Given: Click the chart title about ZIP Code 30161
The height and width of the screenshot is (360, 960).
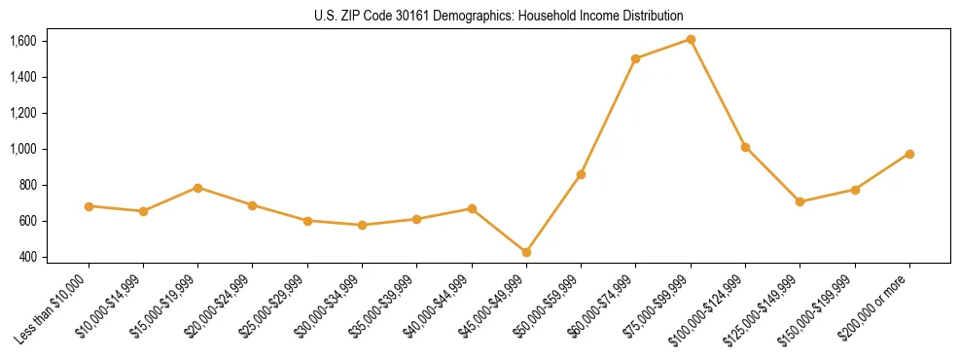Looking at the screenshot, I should coord(499,16).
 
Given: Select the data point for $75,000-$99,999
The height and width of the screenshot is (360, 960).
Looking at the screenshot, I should coord(691,39).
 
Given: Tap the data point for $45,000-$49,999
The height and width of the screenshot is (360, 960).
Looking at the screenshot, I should coord(526,252).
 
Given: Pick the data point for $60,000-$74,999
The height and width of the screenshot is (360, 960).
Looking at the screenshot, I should coord(635,58).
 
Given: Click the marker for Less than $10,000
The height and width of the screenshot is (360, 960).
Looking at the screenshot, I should coord(89,206).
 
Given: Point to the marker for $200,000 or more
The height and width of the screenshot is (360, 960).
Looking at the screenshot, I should coord(909,154).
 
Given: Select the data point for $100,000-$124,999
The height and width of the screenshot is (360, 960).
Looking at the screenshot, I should coord(745,147).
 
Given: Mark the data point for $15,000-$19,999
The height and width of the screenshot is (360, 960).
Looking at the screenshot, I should coord(197,188).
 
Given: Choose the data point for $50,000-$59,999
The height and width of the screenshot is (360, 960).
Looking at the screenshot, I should coord(581,174).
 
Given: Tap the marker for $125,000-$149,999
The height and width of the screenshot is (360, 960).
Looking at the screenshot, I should coord(800,201).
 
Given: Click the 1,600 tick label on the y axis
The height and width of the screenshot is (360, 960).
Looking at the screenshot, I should coord(22,41).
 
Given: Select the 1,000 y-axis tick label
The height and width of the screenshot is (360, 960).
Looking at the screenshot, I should coord(22,149).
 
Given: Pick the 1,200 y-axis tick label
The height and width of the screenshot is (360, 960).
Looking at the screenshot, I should coord(22,113).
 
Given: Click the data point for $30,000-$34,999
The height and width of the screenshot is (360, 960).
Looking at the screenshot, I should coord(362,225).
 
